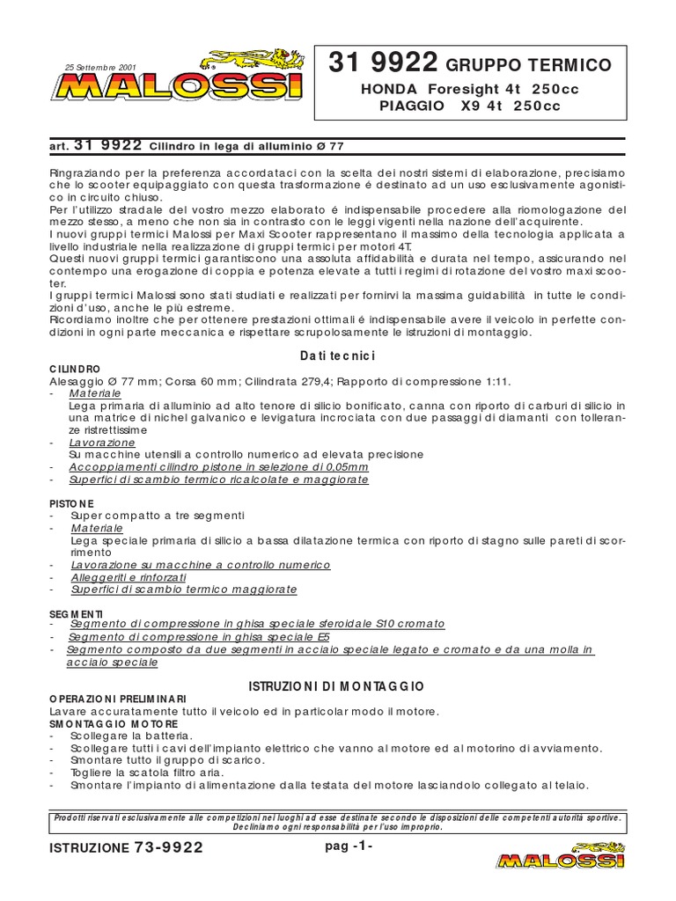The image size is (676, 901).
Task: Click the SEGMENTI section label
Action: coord(77,612)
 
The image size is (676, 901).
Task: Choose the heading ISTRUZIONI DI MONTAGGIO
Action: coord(337,685)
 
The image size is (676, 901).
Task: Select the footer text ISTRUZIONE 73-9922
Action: coord(127,847)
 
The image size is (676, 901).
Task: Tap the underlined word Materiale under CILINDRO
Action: coord(96,393)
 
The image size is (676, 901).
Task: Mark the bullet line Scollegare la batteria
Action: coord(130,735)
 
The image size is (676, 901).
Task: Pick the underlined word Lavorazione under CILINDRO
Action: coord(103,443)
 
